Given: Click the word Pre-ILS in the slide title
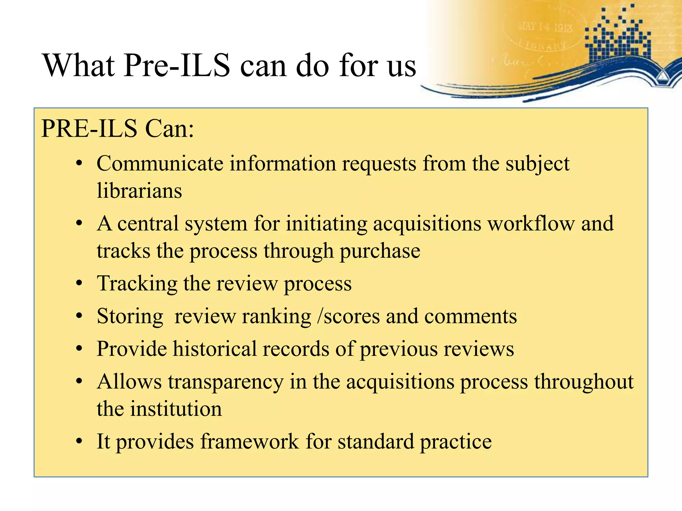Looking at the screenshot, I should [177, 66].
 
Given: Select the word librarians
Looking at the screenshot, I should [139, 191].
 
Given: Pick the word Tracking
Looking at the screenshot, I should [137, 284].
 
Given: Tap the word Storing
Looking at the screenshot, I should [130, 316].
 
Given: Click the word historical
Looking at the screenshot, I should [215, 349].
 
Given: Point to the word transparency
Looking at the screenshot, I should [225, 382].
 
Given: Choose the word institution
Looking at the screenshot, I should [176, 409].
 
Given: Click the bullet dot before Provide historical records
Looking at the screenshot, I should [79, 349].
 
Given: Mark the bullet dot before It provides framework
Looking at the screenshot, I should [79, 441].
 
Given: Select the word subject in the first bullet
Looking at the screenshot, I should [537, 164].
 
